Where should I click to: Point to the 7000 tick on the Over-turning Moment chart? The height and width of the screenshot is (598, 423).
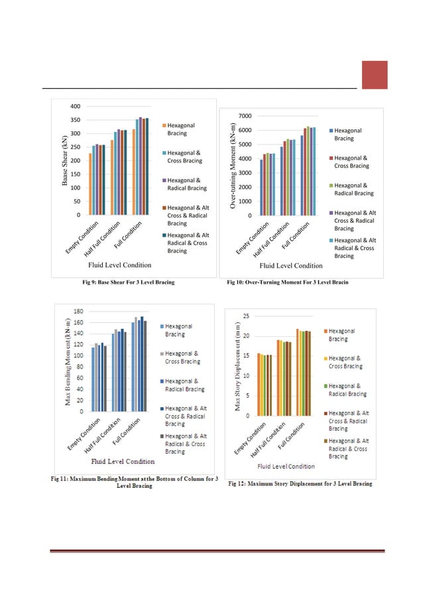[x=245, y=115]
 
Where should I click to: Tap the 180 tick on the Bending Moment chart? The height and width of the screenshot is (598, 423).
[x=78, y=311]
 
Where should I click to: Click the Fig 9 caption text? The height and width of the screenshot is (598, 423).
[x=128, y=283]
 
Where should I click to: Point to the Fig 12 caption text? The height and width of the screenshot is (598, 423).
[x=300, y=483]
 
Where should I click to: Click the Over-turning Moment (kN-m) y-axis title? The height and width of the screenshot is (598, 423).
[x=233, y=166]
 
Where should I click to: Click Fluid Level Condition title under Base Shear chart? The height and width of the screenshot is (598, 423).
[x=125, y=265]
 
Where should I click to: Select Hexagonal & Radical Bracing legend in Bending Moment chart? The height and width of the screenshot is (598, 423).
[x=182, y=385]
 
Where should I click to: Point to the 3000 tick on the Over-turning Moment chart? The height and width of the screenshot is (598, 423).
[x=245, y=172]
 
